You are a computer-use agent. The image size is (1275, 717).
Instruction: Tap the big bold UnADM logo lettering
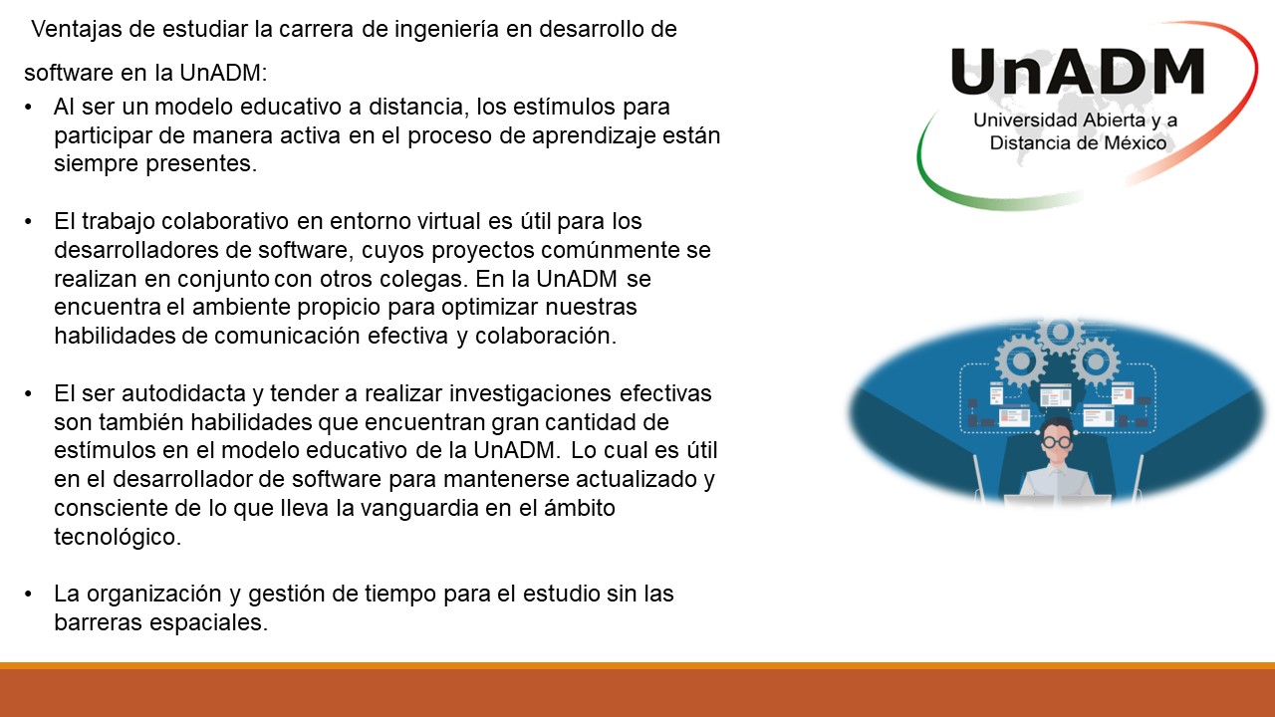(x=1078, y=73)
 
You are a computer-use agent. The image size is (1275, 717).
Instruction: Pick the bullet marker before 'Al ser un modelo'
(x=31, y=107)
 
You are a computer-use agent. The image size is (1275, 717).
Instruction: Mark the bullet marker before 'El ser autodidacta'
(x=31, y=393)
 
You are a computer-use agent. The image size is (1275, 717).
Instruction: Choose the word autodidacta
(x=174, y=393)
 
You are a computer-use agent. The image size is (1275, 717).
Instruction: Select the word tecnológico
(x=118, y=537)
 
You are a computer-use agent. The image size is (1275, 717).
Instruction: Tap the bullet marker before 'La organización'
(x=31, y=595)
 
